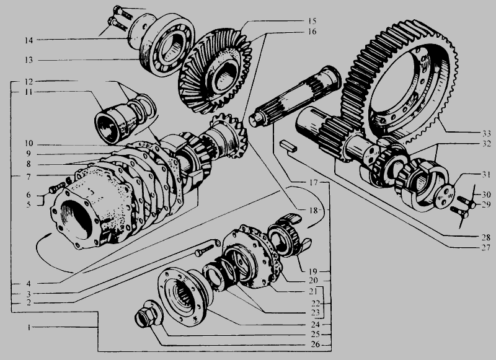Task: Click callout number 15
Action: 312,21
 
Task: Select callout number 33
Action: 486,133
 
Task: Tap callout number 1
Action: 29,327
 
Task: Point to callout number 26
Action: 316,344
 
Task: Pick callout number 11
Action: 29,92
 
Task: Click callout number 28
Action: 486,237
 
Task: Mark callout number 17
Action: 314,183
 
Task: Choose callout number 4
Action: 29,284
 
